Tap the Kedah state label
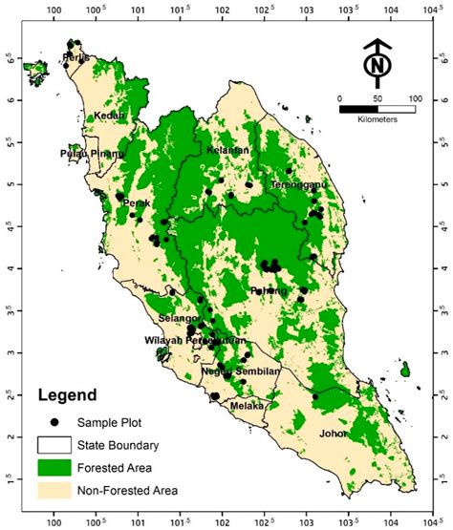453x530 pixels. (111, 117)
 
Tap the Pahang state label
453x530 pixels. (269, 290)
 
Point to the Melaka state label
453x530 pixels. (248, 406)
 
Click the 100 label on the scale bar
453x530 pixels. (415, 98)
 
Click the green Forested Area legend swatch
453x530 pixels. (55, 468)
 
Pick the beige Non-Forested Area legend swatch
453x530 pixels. (55, 492)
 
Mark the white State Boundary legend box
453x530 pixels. (55, 444)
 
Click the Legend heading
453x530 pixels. (67, 394)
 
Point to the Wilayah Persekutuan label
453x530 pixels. (195, 340)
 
